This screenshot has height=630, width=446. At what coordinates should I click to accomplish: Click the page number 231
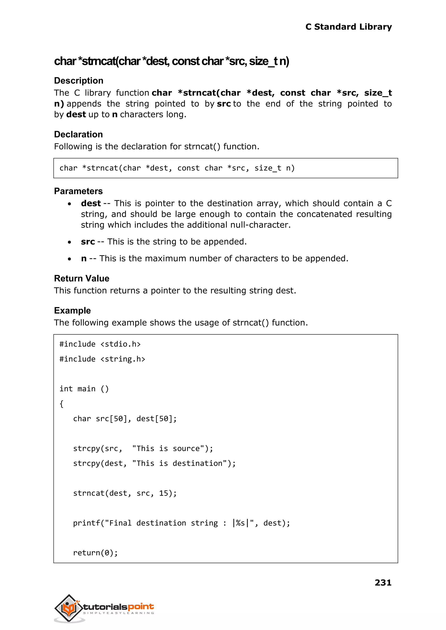(x=383, y=582)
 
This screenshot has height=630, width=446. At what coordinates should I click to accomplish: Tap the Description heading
(x=79, y=81)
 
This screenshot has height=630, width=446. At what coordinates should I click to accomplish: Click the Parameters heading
(x=78, y=191)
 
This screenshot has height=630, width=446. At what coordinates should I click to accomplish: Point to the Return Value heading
(x=82, y=279)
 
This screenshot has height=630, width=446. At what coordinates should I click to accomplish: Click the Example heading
(x=72, y=311)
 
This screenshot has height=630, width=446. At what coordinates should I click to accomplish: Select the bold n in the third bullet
(x=84, y=259)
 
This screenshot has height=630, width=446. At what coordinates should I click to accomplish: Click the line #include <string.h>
(x=102, y=359)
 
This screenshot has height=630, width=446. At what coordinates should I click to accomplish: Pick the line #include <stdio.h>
(x=100, y=344)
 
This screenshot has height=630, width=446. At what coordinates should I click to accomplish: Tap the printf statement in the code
(x=181, y=523)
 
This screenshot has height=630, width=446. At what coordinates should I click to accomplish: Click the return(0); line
(x=95, y=553)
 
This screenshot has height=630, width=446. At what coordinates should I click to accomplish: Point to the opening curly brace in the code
(x=61, y=404)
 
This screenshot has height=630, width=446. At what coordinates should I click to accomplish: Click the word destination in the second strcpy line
(x=197, y=463)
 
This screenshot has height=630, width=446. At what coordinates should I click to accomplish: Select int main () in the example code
(x=84, y=389)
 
